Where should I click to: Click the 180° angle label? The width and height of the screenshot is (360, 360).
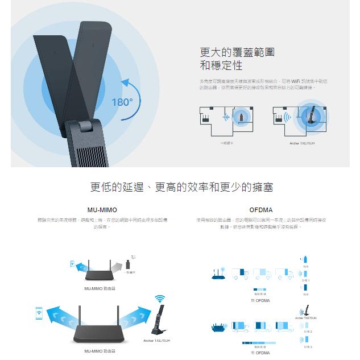pos(122,102)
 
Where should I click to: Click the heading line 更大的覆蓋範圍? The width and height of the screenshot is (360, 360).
pos(237,52)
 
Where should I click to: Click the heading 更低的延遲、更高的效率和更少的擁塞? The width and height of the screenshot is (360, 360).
pos(181,187)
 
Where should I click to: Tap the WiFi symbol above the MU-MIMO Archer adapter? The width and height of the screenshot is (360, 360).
pos(160,299)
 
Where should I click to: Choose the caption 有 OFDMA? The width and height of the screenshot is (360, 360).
pos(260,353)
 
